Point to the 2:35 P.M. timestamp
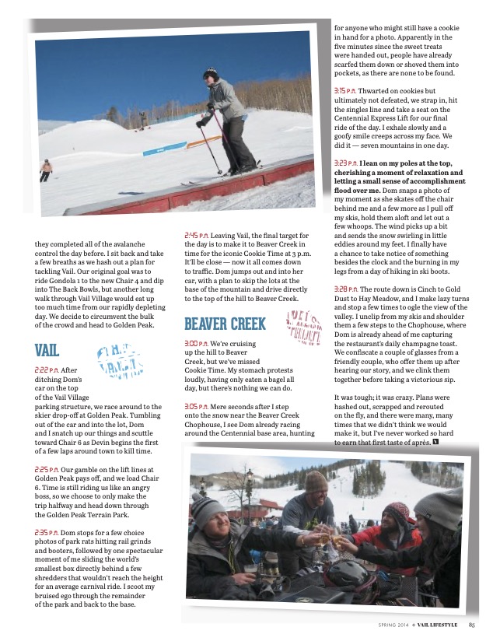(48, 531)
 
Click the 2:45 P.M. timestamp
(198, 234)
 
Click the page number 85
(472, 623)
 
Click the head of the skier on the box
(210, 75)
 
